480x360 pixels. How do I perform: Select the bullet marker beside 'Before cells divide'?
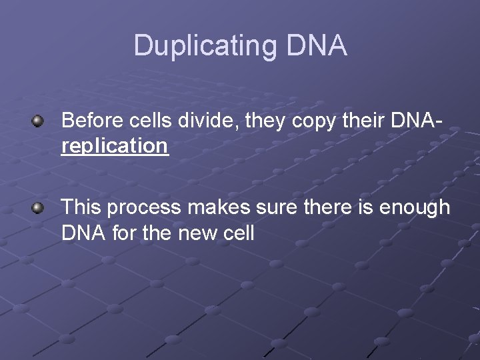pos(39,121)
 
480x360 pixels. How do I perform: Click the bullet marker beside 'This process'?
pos(39,208)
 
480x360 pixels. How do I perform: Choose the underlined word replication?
pos(115,146)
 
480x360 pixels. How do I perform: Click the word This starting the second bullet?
pos(81,208)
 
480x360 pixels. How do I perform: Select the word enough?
pos(415,208)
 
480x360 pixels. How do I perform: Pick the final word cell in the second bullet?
pos(241,234)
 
